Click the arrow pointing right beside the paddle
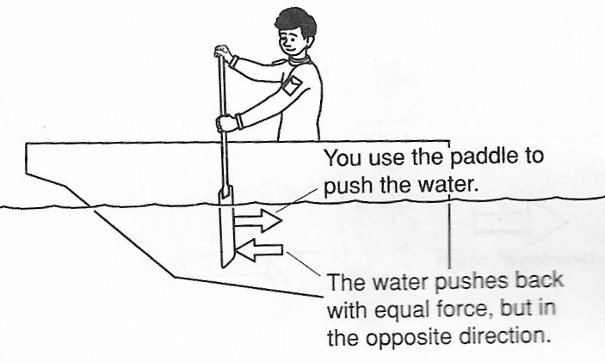click(257, 221)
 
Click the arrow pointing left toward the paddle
click(259, 250)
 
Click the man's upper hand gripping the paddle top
click(223, 52)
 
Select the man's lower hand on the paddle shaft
click(225, 123)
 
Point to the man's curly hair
click(296, 24)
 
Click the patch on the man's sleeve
click(292, 85)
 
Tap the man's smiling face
click(292, 42)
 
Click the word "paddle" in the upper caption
click(483, 157)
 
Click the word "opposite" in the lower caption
click(409, 338)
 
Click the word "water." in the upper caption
click(448, 186)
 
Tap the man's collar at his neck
click(299, 60)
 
